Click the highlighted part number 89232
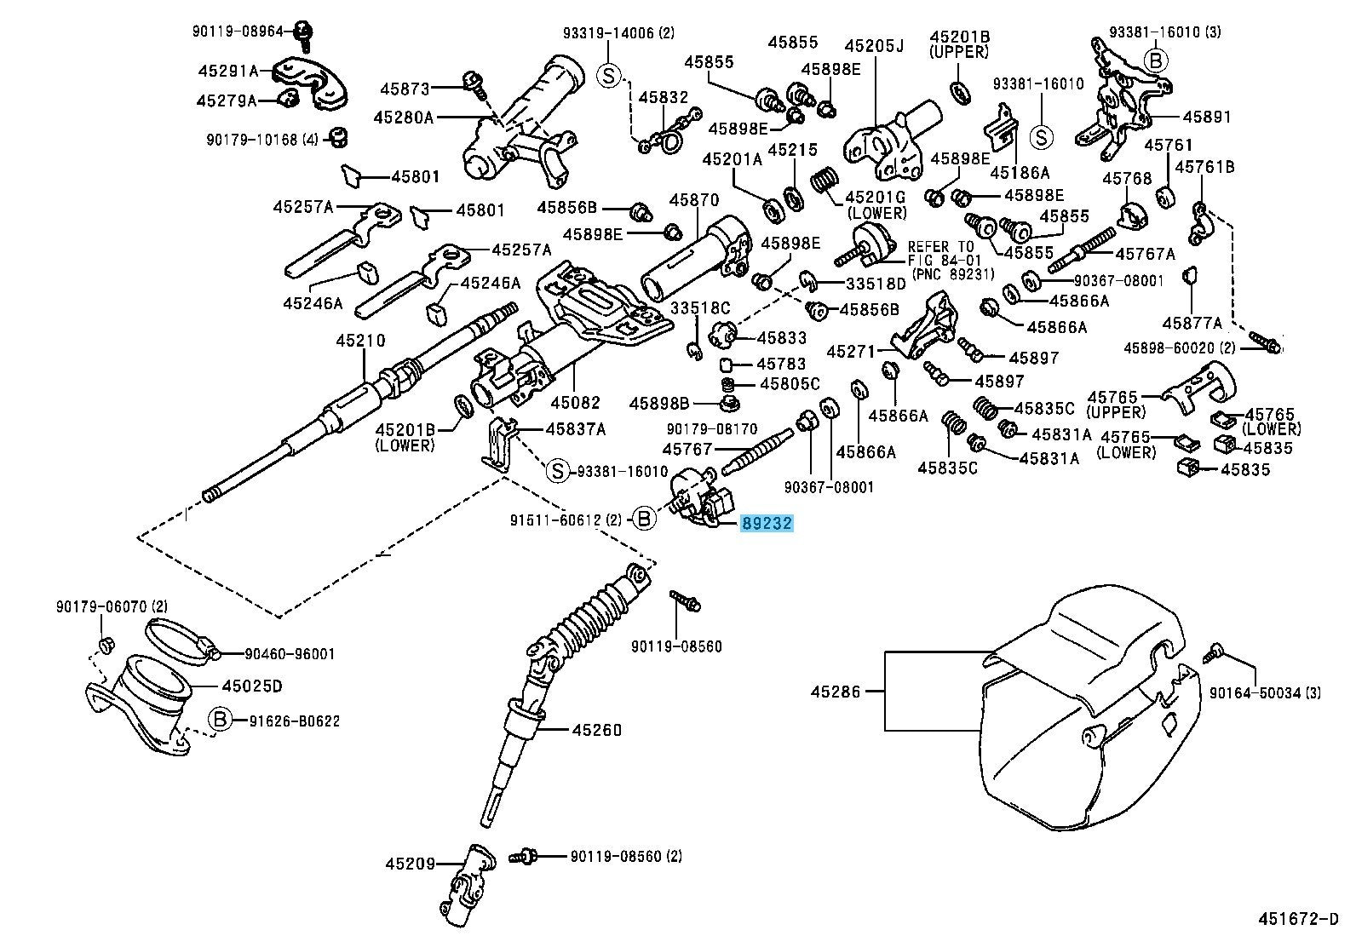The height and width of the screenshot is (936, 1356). pos(767,523)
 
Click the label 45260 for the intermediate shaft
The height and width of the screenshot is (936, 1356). pos(596,730)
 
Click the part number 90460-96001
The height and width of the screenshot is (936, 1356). pos(290,654)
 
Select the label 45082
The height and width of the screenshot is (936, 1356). pos(575,402)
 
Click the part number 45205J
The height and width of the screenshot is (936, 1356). pos(874,45)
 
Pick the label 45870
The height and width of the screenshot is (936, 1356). pos(694,200)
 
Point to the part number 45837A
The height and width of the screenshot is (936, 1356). pos(576,430)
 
